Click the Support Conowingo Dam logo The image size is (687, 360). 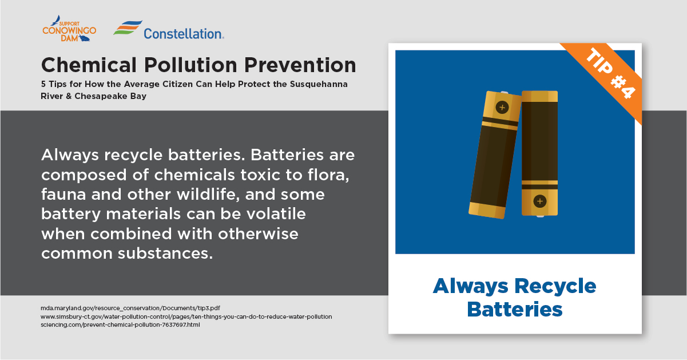(69, 29)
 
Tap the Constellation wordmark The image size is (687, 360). (184, 34)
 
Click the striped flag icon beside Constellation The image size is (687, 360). (128, 27)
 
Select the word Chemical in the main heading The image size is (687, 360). (89, 65)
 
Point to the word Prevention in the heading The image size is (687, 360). (300, 65)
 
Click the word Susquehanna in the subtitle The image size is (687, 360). (319, 84)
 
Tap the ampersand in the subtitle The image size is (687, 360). (69, 96)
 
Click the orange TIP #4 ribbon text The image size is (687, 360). (610, 73)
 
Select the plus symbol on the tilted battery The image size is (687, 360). (502, 108)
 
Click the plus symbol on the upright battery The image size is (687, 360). (540, 201)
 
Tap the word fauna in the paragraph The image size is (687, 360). (63, 195)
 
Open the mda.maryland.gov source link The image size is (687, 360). (130, 308)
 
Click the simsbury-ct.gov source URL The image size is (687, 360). (186, 317)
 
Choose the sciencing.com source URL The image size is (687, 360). (120, 325)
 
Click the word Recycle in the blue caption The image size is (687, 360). (555, 286)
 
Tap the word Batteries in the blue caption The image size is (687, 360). (515, 310)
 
